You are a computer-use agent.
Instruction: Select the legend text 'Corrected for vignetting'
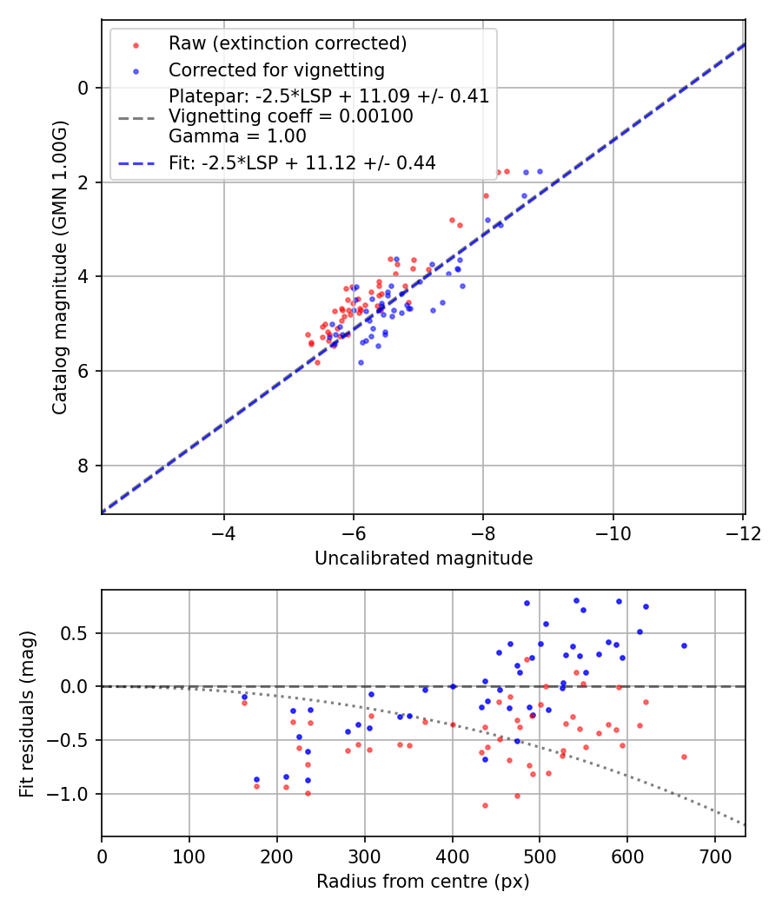(x=276, y=69)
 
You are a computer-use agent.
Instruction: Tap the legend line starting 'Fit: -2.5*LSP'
(x=302, y=162)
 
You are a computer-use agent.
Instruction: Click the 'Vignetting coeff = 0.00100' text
(x=290, y=116)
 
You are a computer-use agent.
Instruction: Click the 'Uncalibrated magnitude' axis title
(x=423, y=558)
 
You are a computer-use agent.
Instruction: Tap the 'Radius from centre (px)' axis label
(x=422, y=882)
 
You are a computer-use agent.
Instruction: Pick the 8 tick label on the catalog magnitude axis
(x=83, y=466)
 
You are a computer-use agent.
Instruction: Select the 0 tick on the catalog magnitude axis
(x=83, y=88)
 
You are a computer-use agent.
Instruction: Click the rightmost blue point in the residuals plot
(x=684, y=645)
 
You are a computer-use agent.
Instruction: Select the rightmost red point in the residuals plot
(x=684, y=757)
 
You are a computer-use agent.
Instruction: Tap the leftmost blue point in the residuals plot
(x=244, y=697)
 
